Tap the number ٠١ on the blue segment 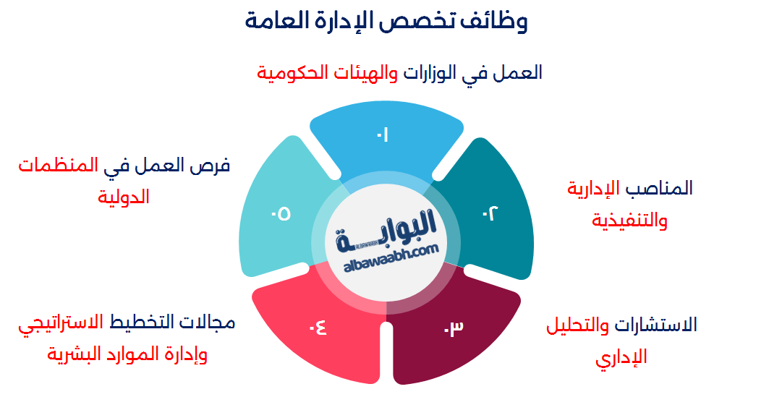click(x=382, y=135)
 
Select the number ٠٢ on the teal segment click(x=490, y=213)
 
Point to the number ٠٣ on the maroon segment click(x=453, y=328)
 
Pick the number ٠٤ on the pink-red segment click(x=318, y=328)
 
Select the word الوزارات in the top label click(x=432, y=72)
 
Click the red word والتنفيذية click(x=629, y=220)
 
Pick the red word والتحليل click(x=577, y=325)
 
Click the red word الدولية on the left click(x=124, y=196)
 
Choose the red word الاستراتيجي click(x=61, y=322)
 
